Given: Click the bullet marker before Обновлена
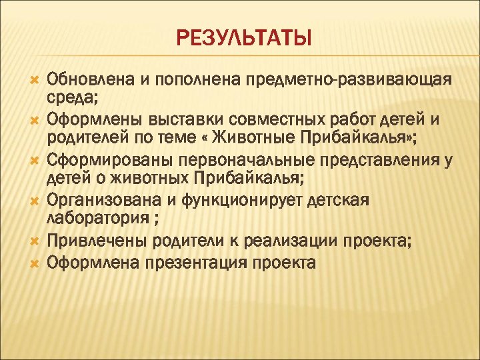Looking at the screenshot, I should pyautogui.click(x=33, y=81).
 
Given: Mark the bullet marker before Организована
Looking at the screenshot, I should pyautogui.click(x=33, y=200).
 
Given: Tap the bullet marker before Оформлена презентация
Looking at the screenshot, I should pyautogui.click(x=33, y=263).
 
